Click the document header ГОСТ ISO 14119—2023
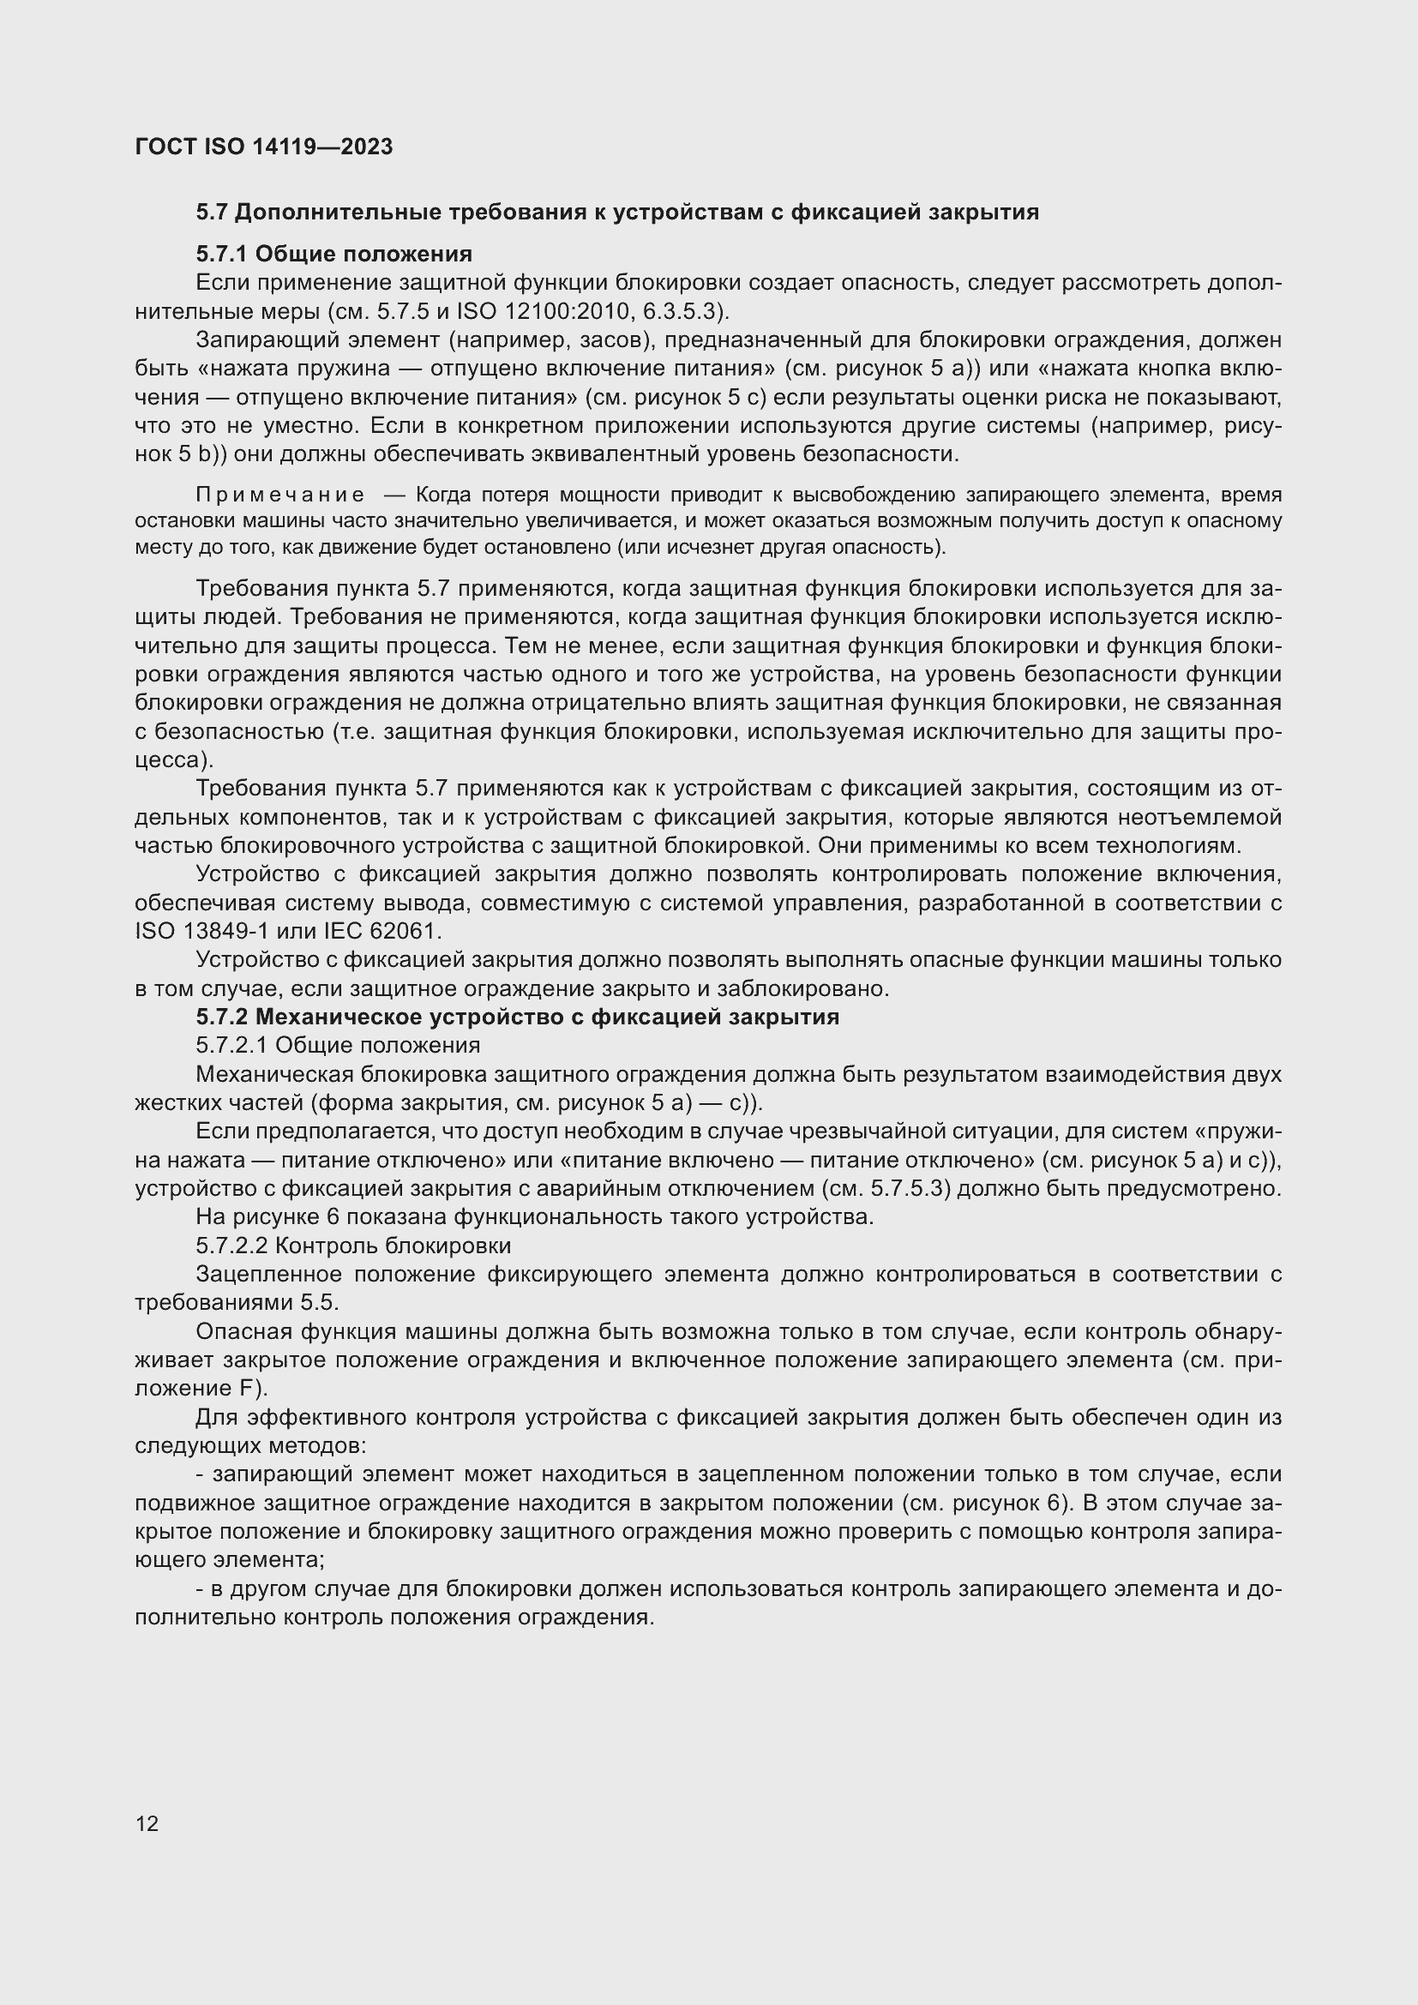coord(264,147)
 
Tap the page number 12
coord(147,1823)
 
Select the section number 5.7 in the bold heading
coord(212,213)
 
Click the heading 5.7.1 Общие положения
coord(333,254)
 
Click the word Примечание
coord(280,495)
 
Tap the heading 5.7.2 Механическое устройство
coord(517,1017)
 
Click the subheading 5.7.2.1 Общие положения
coord(338,1045)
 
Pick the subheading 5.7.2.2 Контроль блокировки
coord(353,1246)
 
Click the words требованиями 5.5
coord(237,1303)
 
